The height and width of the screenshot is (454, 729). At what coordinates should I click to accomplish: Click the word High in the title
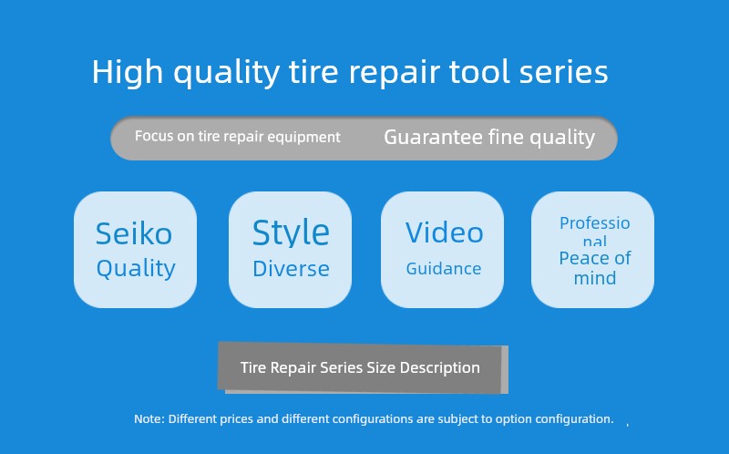tap(127, 72)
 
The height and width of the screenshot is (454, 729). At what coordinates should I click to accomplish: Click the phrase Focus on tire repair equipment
tap(238, 137)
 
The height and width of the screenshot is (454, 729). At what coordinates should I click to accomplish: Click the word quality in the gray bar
tap(562, 139)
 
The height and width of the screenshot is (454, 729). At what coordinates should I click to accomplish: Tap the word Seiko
tap(134, 233)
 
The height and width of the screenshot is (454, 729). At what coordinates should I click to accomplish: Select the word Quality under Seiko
tap(136, 269)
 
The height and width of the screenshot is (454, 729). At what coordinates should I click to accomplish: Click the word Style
tap(291, 232)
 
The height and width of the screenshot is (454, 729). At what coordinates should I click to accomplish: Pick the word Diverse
tap(291, 269)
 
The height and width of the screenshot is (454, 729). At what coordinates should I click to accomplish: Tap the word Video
tap(444, 232)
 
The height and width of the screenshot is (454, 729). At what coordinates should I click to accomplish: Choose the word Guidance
tap(444, 269)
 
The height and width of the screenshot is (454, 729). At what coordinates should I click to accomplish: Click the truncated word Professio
tap(595, 223)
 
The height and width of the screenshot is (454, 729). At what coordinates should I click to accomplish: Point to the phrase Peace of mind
tap(595, 268)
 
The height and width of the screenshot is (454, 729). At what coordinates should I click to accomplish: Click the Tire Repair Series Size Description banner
tap(363, 367)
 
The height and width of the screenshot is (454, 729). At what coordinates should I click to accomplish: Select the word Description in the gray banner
tap(440, 368)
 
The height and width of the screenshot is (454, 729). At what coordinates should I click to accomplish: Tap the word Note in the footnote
tap(149, 419)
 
